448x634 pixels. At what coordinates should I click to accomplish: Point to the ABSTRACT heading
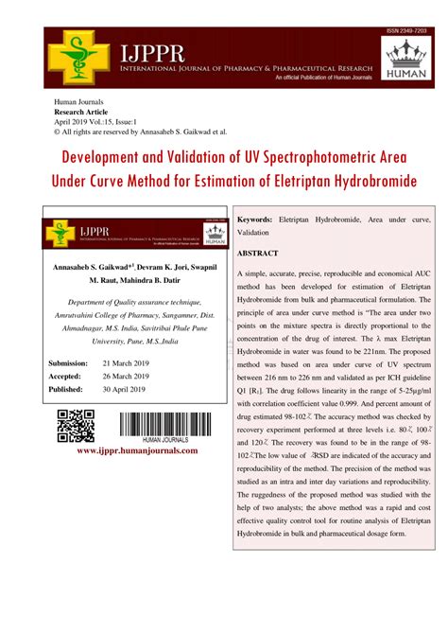[257, 254]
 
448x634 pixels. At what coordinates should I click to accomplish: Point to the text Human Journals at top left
[80, 101]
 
